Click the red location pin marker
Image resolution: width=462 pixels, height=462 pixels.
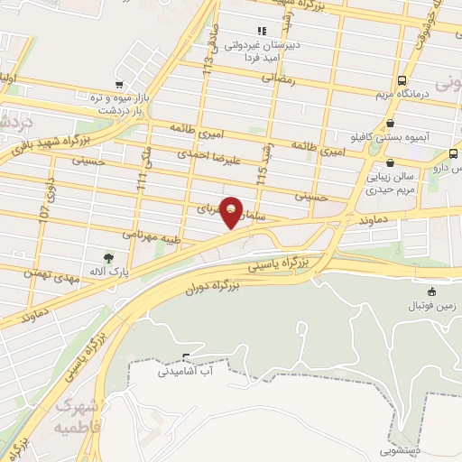(233, 211)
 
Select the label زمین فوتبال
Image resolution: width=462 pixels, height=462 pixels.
(430, 306)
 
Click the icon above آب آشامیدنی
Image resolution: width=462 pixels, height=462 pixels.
(186, 357)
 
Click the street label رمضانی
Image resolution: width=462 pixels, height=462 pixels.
(279, 79)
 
